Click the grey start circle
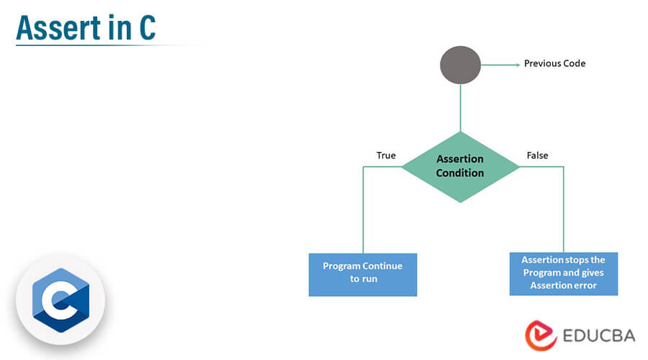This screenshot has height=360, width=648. click(460, 65)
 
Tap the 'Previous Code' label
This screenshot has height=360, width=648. click(554, 63)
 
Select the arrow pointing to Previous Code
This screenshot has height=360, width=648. click(500, 65)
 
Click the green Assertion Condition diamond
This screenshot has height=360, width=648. click(460, 167)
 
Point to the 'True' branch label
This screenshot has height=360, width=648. click(386, 156)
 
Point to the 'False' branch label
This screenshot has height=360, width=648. click(537, 156)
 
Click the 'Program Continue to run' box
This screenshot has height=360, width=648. click(363, 275)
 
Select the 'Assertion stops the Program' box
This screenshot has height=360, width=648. click(564, 274)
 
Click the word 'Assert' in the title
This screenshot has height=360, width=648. click(58, 27)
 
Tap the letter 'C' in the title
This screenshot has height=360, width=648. click(147, 27)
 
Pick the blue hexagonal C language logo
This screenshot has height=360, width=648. click(60, 300)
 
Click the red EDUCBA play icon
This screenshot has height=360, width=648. click(541, 336)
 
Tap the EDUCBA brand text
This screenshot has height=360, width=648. click(599, 336)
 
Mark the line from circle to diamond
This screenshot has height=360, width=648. click(460, 108)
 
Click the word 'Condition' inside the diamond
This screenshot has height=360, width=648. click(460, 173)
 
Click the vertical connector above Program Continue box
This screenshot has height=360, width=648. click(364, 210)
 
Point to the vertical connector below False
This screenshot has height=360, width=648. click(564, 210)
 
